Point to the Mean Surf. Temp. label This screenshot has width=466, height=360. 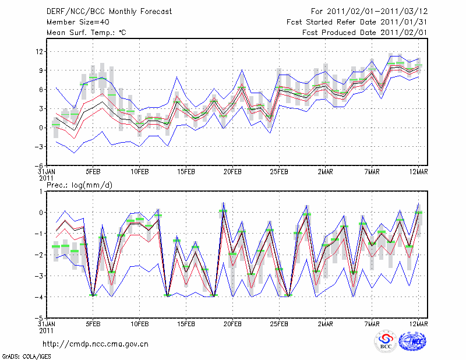point(86,33)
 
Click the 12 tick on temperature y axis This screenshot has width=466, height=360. point(40,51)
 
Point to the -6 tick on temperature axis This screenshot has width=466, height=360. point(39,165)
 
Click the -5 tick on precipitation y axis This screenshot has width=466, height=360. point(39,318)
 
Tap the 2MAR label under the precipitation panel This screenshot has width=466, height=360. point(326,324)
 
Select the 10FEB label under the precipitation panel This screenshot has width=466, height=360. point(139,324)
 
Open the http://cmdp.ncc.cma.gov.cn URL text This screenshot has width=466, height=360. point(96,344)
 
